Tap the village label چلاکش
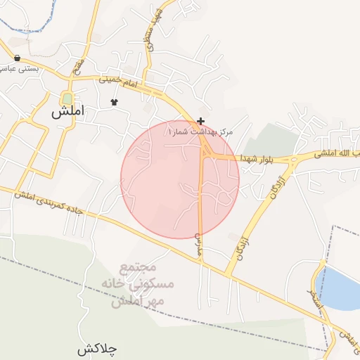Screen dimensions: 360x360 coord(97,348)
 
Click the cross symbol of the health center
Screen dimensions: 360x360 coord(201,122)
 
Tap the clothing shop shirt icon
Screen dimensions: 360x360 coord(115,103)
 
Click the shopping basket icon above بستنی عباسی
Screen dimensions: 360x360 coord(16,58)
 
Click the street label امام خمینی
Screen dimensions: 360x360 coord(116,82)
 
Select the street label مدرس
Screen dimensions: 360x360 coord(199,243)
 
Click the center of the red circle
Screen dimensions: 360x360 coord(180,180)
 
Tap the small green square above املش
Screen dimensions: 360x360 coord(67,98)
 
